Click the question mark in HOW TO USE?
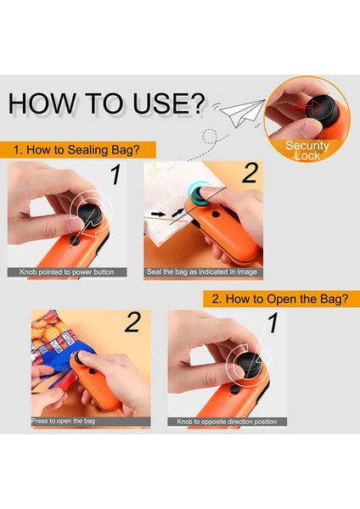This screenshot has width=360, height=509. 197,103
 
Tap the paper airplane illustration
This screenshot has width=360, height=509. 242,112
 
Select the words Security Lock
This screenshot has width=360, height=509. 307,150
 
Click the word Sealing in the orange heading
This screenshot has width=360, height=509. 87,150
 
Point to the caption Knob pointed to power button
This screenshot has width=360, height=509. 67,272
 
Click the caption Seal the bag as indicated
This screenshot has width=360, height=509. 202,271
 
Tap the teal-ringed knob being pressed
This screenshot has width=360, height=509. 198,192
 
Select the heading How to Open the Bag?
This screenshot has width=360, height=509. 280,299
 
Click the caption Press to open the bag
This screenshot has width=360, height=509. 64,421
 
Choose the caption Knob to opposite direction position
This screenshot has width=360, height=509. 227,422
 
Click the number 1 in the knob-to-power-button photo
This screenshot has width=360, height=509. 115,175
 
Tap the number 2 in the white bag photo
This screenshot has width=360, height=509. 250,173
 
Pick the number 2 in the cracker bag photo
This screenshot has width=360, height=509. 133,322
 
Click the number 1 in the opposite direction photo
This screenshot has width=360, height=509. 273,323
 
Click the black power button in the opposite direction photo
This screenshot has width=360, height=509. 234,389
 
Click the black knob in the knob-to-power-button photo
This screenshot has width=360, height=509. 90,215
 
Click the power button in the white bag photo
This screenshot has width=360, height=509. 215,215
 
